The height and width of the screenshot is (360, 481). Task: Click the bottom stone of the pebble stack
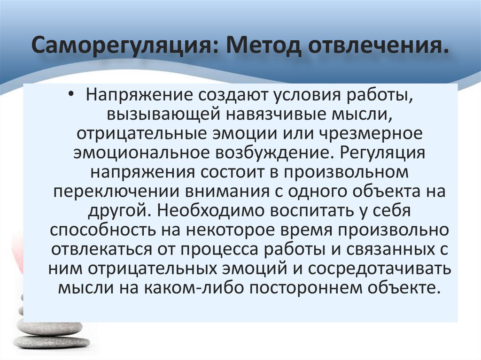tap(51, 342)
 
